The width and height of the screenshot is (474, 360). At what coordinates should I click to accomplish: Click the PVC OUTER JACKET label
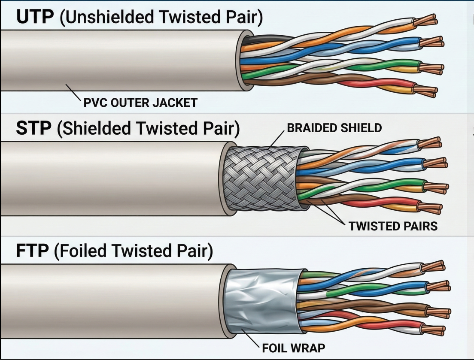(140, 103)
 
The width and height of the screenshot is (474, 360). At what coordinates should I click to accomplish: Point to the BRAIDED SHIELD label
(334, 128)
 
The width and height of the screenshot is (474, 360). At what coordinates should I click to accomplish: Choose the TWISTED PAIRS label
(393, 226)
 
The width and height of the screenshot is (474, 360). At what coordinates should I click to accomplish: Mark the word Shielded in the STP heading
(93, 128)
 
